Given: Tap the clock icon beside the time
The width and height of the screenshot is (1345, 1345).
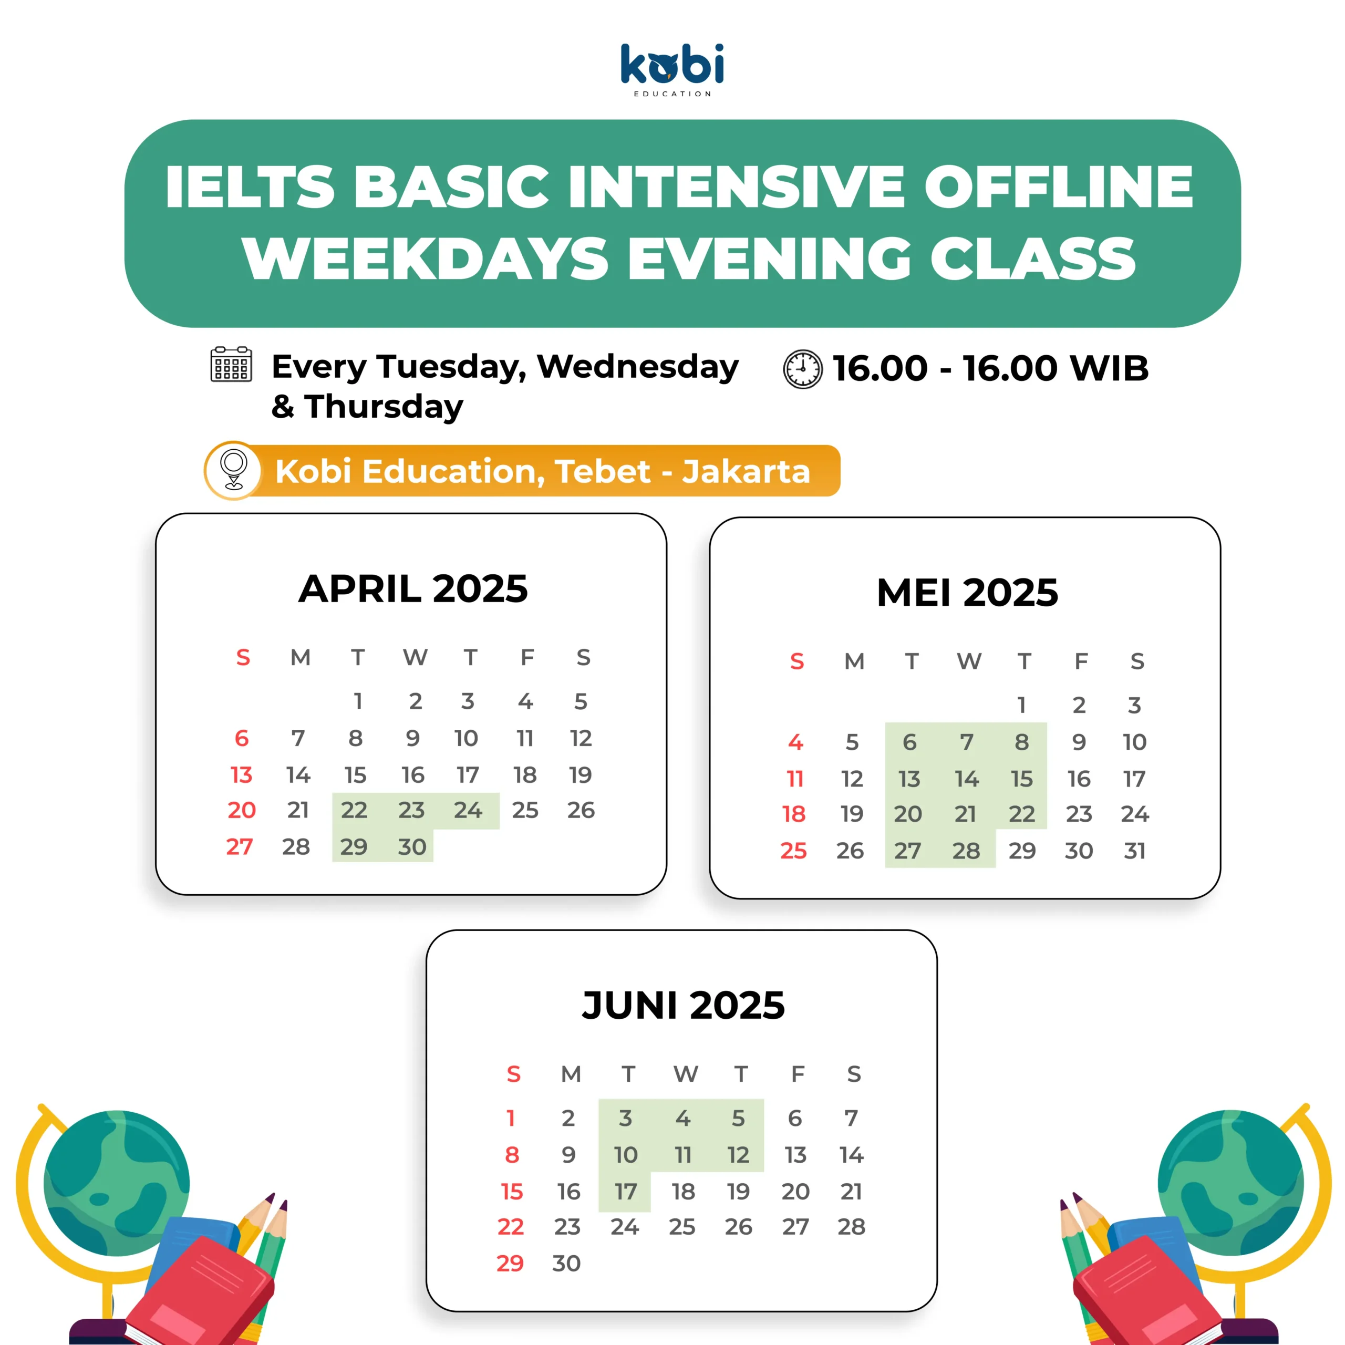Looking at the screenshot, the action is coord(803,369).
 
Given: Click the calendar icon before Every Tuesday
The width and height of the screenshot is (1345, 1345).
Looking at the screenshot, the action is coord(231,364).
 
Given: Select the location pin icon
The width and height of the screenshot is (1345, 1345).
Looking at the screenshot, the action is coord(234,471).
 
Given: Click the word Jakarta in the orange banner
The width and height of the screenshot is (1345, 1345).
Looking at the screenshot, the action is coord(746,471).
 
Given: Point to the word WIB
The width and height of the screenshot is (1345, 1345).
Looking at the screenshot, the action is coord(1110,368).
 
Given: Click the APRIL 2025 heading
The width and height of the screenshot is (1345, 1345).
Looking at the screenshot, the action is coord(413,589).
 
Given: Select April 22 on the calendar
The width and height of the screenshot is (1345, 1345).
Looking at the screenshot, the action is coord(354,810).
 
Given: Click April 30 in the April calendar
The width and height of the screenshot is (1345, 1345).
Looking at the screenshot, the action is coord(411,846).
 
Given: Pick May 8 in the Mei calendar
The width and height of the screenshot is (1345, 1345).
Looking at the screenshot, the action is coord(1021,742).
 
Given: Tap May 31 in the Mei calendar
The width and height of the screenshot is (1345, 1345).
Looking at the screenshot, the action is coord(1135,851).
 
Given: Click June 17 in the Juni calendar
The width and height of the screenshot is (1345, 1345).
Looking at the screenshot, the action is coord(625,1192).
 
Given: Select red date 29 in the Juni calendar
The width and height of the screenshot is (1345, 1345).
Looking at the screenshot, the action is coord(510,1264).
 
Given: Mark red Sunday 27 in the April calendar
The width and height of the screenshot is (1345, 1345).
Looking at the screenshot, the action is coord(240,846).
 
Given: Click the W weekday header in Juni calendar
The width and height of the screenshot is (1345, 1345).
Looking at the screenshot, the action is coord(685,1074).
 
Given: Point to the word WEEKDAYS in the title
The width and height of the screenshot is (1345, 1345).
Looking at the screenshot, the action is coord(426,258).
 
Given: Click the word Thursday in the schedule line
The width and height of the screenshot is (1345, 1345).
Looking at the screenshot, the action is coord(384,407).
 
